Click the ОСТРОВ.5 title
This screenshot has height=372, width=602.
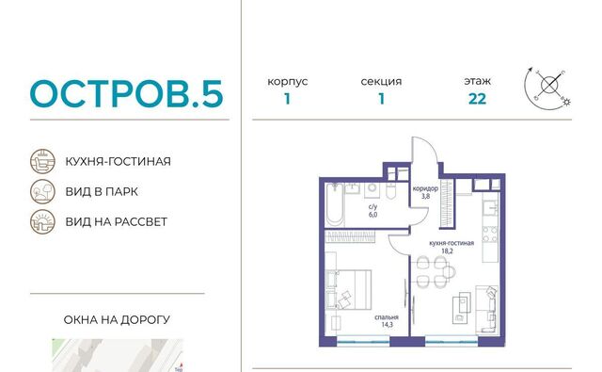[127, 93]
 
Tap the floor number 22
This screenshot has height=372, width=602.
[477, 99]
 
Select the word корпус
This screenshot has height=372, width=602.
[288, 82]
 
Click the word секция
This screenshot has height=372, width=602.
[381, 82]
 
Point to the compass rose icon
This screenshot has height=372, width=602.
[547, 89]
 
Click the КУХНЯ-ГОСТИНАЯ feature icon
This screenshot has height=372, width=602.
[42, 161]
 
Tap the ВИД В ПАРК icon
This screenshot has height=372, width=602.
[42, 191]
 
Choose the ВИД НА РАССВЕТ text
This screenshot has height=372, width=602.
[117, 221]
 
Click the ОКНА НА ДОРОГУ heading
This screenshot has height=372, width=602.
[117, 319]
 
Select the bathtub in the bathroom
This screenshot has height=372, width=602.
[335, 204]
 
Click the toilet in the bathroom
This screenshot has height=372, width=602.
[390, 190]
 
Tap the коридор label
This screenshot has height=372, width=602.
[425, 188]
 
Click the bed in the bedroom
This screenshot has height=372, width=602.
[349, 289]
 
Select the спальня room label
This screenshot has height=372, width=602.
[387, 317]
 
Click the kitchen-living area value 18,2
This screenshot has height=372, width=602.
[448, 251]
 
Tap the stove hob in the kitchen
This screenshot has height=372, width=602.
[490, 235]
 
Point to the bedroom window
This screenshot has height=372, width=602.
[363, 340]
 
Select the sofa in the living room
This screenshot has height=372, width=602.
[487, 309]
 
